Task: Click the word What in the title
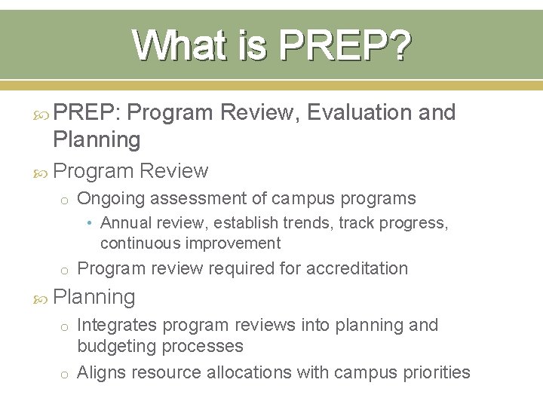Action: pyautogui.click(x=171, y=46)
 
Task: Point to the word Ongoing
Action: pyautogui.click(x=114, y=198)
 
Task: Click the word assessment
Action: pyautogui.click(x=198, y=198)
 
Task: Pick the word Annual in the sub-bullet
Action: pyautogui.click(x=122, y=223)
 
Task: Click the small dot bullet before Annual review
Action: pyautogui.click(x=90, y=223)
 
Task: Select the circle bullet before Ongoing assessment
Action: pyautogui.click(x=66, y=200)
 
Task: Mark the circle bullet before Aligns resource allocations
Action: pyautogui.click(x=66, y=374)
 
